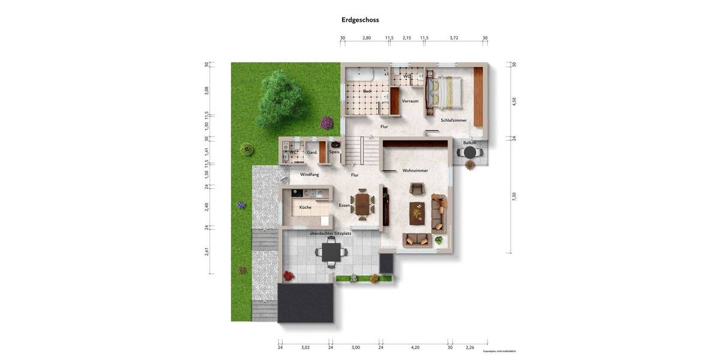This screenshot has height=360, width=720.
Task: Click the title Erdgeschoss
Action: click(x=360, y=20)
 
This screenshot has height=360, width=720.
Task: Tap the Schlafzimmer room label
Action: click(x=454, y=120)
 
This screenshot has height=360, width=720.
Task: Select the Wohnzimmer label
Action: click(x=415, y=171)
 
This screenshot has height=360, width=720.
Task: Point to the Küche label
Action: click(x=305, y=208)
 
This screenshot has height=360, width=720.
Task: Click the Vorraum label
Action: click(x=410, y=101)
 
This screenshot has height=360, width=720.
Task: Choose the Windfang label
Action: click(x=310, y=175)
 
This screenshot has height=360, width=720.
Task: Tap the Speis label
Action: click(x=334, y=152)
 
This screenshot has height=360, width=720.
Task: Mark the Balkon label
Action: click(x=469, y=143)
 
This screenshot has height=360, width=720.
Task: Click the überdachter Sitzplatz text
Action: click(x=331, y=233)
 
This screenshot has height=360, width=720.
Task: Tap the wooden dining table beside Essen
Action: click(x=362, y=203)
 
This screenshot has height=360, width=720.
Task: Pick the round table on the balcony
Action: click(x=470, y=153)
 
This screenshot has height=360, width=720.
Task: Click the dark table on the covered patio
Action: click(x=331, y=251)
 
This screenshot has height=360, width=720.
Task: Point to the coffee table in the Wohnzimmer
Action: click(x=416, y=212)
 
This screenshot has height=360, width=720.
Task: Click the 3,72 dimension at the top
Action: click(x=454, y=38)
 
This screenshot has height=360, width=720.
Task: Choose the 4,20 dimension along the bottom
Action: click(x=415, y=347)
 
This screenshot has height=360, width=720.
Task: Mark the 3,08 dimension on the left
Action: click(x=206, y=90)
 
